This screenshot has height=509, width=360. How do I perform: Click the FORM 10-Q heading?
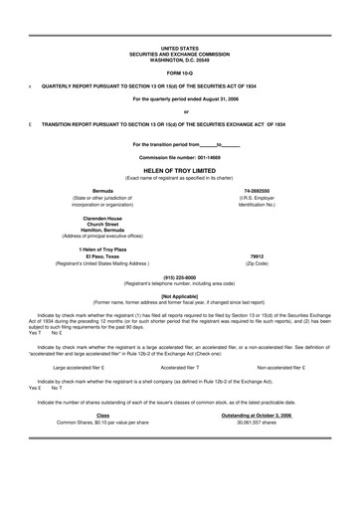179,73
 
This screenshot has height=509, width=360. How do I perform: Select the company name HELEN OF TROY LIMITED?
179,169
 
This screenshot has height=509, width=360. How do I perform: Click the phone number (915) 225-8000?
179,279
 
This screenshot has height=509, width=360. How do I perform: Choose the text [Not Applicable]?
179,296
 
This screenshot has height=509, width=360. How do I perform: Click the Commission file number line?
179,158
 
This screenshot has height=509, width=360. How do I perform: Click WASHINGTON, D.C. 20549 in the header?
179,57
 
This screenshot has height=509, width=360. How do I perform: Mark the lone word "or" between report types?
179,110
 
